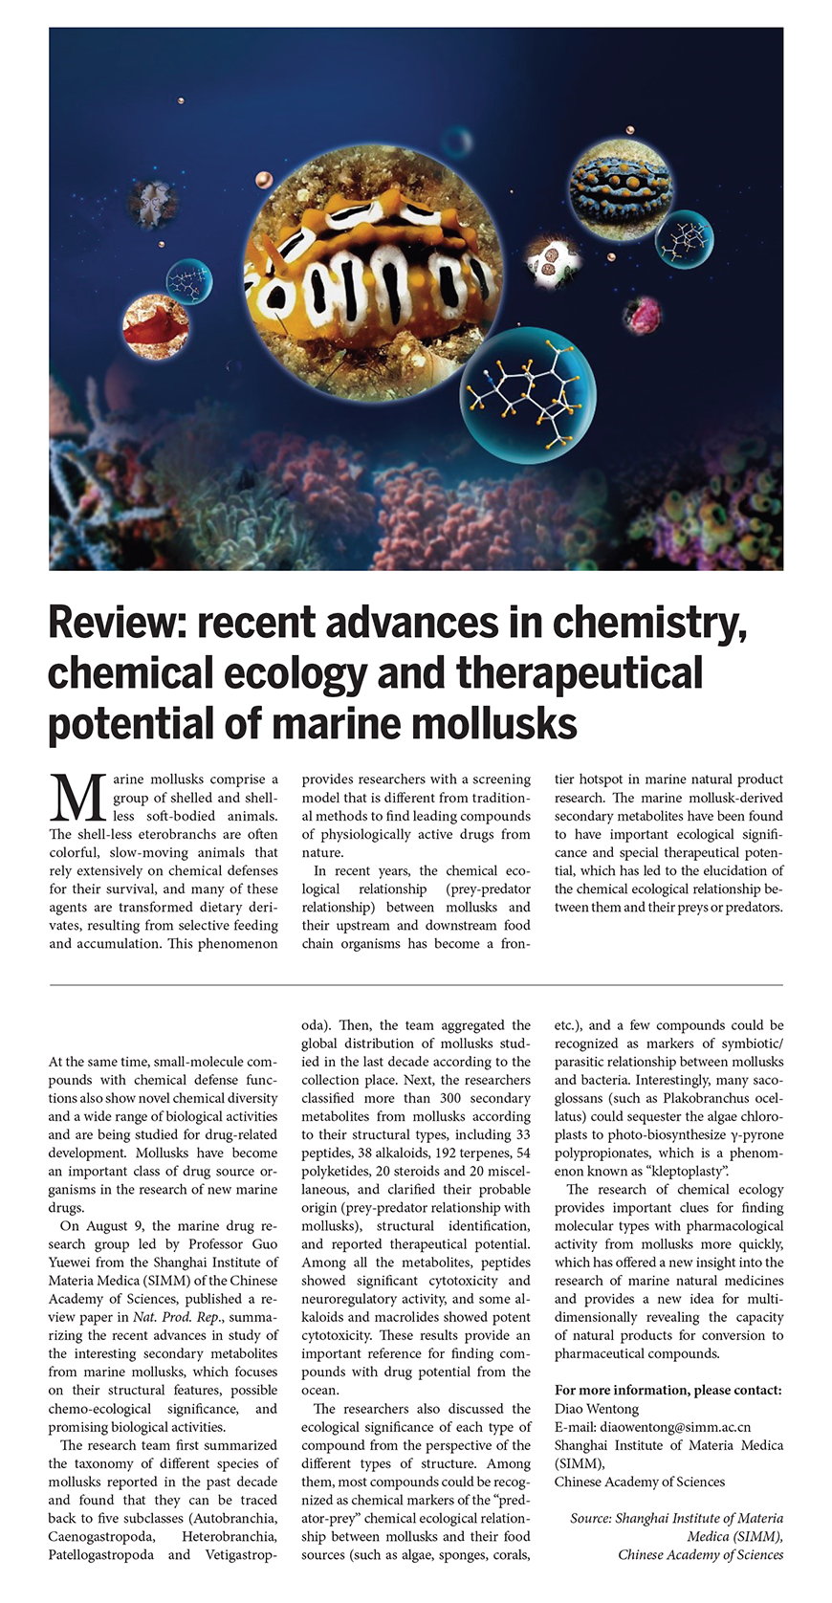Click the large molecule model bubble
[528, 394]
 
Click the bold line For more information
[668, 1390]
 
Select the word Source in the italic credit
[590, 1518]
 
